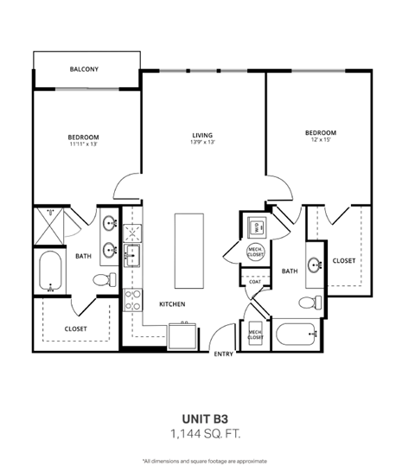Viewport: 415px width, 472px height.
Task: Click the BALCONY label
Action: click(84, 68)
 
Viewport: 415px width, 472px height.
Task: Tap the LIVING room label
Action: click(203, 135)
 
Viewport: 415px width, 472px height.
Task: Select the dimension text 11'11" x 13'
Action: click(84, 144)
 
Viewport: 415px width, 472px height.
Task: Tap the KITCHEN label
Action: click(174, 304)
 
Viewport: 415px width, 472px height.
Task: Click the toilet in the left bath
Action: click(103, 280)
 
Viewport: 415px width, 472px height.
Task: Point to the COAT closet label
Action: click(255, 281)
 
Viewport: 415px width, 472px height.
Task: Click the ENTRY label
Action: click(222, 353)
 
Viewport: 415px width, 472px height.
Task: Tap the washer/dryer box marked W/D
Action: click(256, 227)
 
